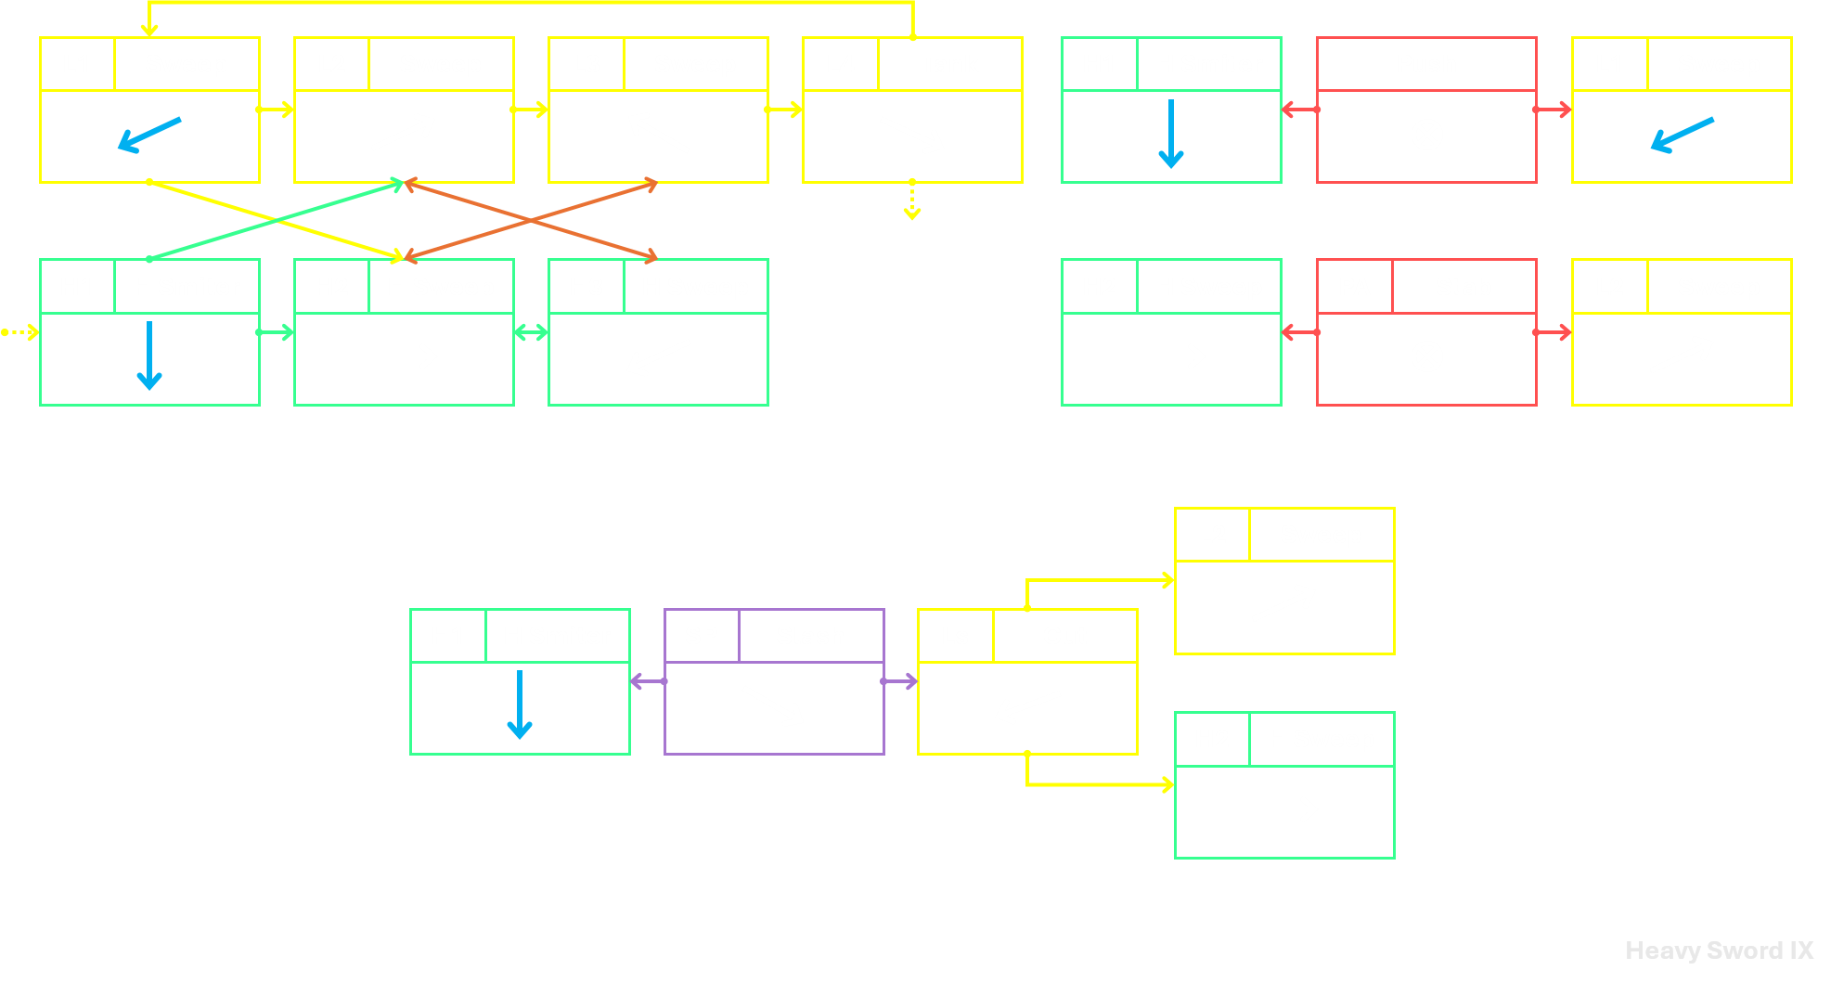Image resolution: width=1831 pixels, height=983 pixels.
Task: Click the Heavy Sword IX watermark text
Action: pos(1719,951)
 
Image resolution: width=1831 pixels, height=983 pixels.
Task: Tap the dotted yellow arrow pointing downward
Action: pos(912,200)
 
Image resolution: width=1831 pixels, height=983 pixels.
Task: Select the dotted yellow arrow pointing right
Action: pos(19,332)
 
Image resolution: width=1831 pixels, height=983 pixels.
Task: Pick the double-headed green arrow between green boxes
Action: pos(531,332)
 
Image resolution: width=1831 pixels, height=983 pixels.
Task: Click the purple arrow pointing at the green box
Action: pos(648,681)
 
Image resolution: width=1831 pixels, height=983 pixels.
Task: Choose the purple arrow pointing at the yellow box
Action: pos(899,681)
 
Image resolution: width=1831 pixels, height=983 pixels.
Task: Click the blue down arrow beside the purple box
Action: pos(520,705)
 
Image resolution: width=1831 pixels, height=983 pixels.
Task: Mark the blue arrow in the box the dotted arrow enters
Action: pos(149,356)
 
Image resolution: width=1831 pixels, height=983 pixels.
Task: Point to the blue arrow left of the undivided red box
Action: pos(1171,134)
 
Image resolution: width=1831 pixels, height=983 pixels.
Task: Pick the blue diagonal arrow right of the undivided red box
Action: pos(1683,135)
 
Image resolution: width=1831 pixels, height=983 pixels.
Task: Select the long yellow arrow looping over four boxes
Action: pos(531,3)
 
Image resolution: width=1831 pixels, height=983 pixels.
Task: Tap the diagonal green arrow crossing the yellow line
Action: pos(277,221)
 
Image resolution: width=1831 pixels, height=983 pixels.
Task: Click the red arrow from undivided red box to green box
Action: pos(1299,110)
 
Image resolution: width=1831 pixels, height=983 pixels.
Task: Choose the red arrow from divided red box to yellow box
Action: pos(1553,332)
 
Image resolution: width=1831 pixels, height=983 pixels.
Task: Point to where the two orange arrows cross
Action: pos(531,221)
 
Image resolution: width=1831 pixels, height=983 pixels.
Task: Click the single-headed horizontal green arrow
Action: pos(276,332)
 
